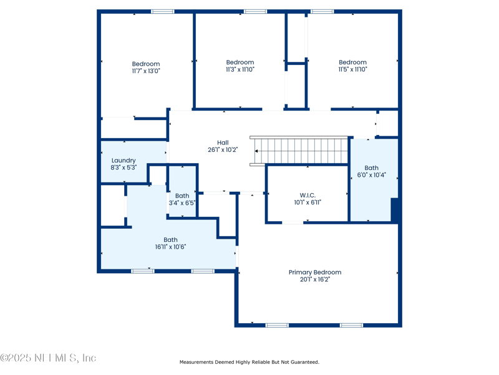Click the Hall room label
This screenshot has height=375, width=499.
coord(223,142)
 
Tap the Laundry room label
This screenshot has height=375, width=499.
coord(124,161)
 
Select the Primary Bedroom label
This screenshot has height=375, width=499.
coord(315,272)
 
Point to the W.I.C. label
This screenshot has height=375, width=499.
coord(308,195)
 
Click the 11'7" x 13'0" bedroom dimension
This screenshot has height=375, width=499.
coord(146,71)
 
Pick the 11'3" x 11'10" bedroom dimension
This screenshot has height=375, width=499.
coord(240,69)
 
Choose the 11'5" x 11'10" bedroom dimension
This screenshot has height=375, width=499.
coord(352,69)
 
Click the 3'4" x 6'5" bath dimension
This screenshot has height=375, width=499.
coord(182,202)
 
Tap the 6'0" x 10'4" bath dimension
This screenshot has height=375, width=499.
coord(371,175)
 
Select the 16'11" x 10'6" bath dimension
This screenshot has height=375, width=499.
coord(170,247)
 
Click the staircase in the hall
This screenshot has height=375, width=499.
coord(299,151)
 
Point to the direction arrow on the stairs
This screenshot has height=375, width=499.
coord(256,151)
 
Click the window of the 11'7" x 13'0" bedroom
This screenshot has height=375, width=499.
coord(163,11)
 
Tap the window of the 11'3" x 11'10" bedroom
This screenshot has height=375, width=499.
coord(256,11)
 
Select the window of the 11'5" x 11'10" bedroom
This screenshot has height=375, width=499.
coord(322,11)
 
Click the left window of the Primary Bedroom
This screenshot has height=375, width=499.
coord(277,325)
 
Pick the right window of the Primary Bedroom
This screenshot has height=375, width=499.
coord(351,325)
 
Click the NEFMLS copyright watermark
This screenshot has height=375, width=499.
coord(48,357)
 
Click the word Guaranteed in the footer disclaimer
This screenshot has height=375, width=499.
coord(305,362)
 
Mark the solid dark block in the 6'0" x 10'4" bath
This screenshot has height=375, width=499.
coord(394,210)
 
